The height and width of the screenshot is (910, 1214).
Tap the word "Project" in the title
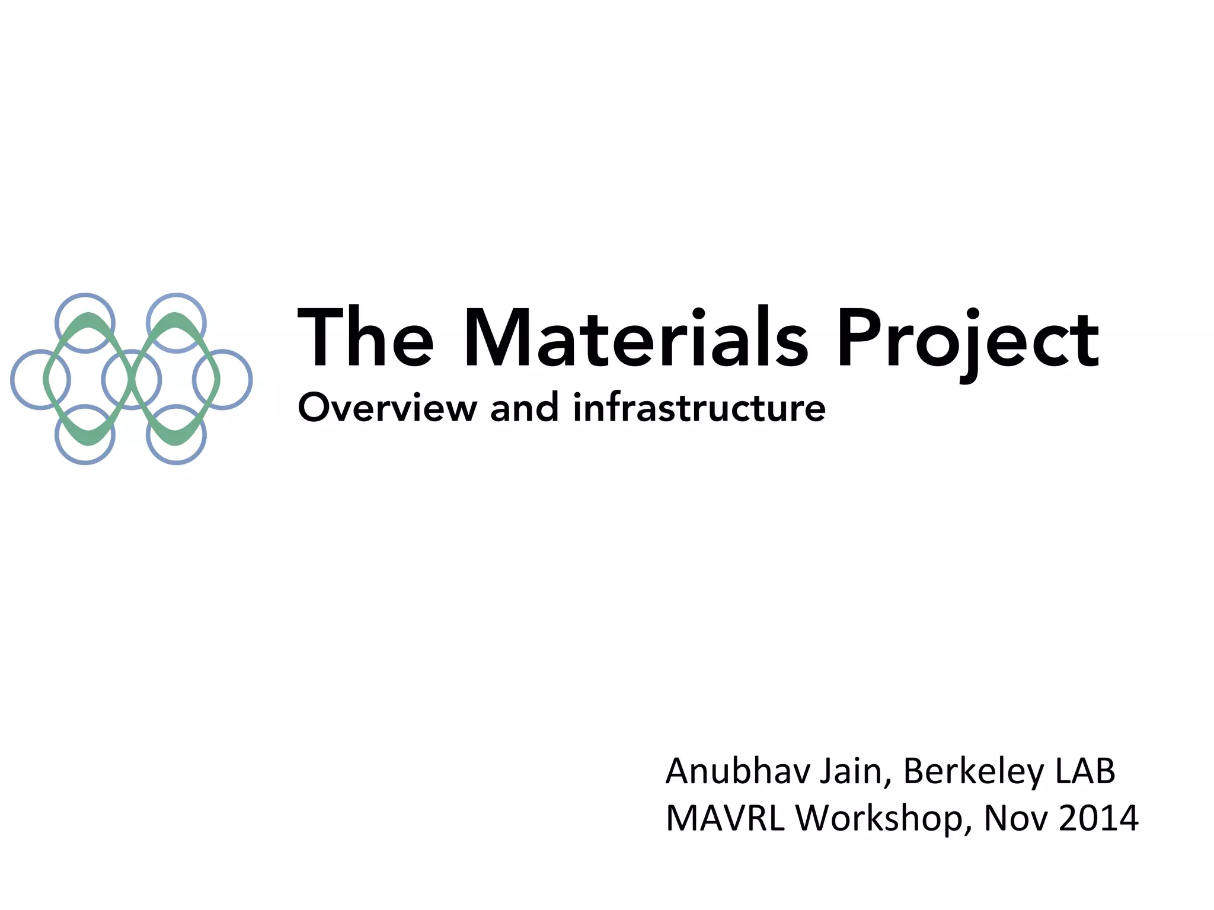[967, 341]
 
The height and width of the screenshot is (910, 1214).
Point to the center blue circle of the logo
[131, 380]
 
